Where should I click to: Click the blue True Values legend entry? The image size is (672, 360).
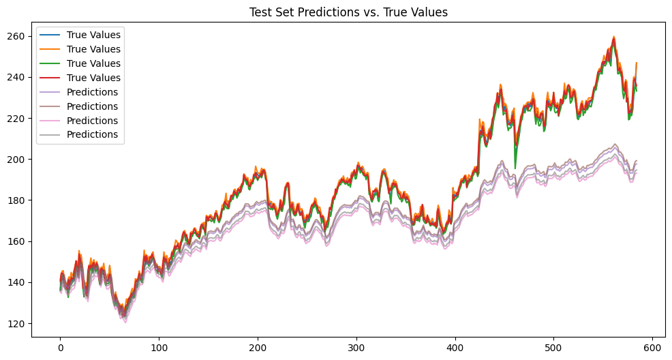(x=93, y=35)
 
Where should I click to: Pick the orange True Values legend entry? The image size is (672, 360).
(x=93, y=49)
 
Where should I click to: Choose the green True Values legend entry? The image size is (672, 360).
(x=93, y=63)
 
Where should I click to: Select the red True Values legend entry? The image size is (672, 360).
(x=93, y=78)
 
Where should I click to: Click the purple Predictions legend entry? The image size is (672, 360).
(x=92, y=92)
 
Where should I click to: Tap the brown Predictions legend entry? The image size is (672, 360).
(x=92, y=106)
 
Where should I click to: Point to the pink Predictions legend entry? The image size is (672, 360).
(x=92, y=121)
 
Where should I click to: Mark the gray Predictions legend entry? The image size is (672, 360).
(x=92, y=135)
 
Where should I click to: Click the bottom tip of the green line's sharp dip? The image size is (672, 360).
(x=515, y=168)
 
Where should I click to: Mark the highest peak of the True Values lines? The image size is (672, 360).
(x=614, y=37)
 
